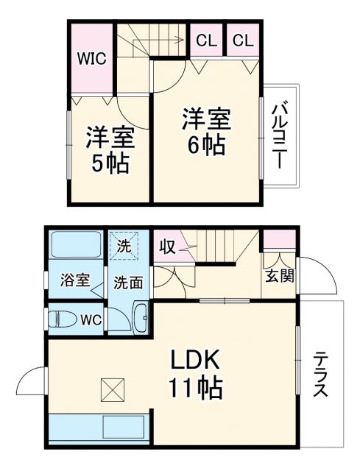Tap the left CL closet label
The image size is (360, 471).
(207, 40)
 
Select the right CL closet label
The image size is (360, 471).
(244, 40)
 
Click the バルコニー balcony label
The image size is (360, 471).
(280, 137)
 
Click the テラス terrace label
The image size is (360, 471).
(321, 375)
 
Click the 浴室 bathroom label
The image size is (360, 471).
(74, 280)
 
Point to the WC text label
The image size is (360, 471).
(91, 320)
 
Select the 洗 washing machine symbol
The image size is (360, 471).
(124, 246)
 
